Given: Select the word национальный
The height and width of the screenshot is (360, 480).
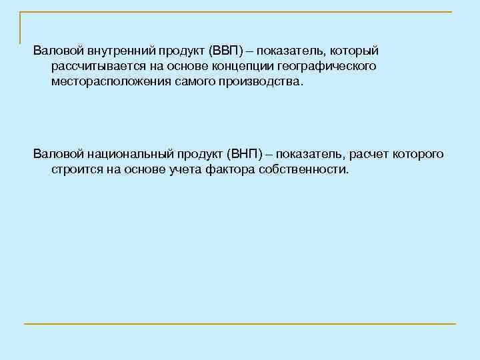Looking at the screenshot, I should pos(127,155).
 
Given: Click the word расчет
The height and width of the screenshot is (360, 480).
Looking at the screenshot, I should pos(365,155).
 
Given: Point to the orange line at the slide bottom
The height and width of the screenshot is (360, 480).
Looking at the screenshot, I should pos(240,324).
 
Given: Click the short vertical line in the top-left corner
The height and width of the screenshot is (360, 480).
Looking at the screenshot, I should pos(21,27).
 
